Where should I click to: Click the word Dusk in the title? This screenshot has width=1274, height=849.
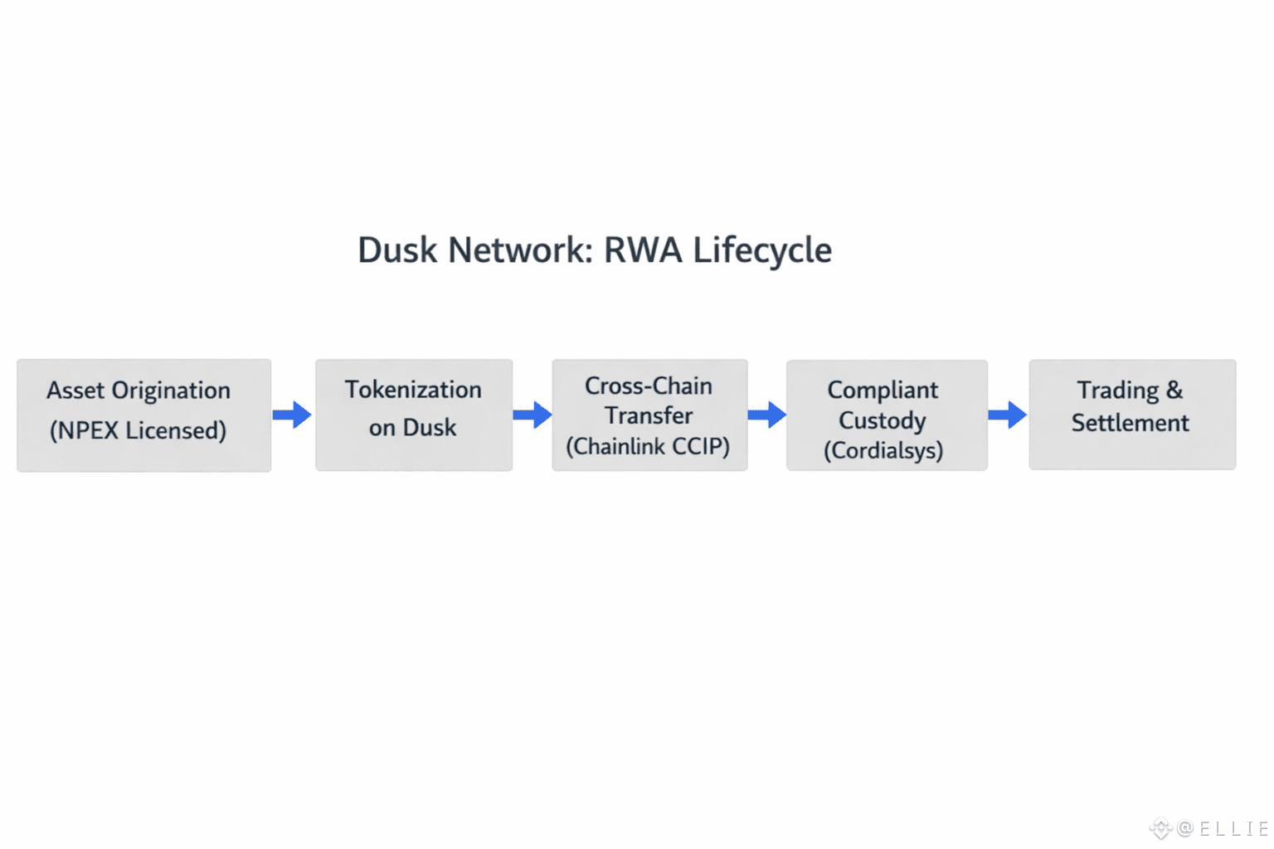pyautogui.click(x=396, y=250)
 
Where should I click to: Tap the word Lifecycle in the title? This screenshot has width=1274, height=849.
pyautogui.click(x=762, y=250)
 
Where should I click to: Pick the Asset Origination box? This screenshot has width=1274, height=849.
pyautogui.click(x=143, y=415)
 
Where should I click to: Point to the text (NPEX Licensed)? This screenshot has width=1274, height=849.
pyautogui.click(x=138, y=430)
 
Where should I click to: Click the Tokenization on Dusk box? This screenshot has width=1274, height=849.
pyautogui.click(x=413, y=415)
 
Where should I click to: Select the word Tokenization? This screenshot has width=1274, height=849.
pyautogui.click(x=413, y=390)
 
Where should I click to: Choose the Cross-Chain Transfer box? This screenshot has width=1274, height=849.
pyautogui.click(x=649, y=415)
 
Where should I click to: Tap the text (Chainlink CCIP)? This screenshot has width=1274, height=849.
pyautogui.click(x=648, y=447)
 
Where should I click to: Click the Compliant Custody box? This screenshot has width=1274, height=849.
pyautogui.click(x=886, y=415)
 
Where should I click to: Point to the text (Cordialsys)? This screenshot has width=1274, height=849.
pyautogui.click(x=883, y=450)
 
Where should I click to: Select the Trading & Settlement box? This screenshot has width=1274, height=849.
pyautogui.click(x=1132, y=414)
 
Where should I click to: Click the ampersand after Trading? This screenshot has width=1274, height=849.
pyautogui.click(x=1174, y=390)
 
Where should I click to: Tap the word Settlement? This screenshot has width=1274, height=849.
pyautogui.click(x=1130, y=423)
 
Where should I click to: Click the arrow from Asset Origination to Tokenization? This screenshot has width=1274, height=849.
pyautogui.click(x=292, y=414)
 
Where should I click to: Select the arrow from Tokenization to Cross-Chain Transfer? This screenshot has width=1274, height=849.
pyautogui.click(x=532, y=414)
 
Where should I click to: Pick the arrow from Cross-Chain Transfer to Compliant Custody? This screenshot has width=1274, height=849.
pyautogui.click(x=767, y=414)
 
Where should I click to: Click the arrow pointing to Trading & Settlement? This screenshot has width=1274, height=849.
pyautogui.click(x=1008, y=414)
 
